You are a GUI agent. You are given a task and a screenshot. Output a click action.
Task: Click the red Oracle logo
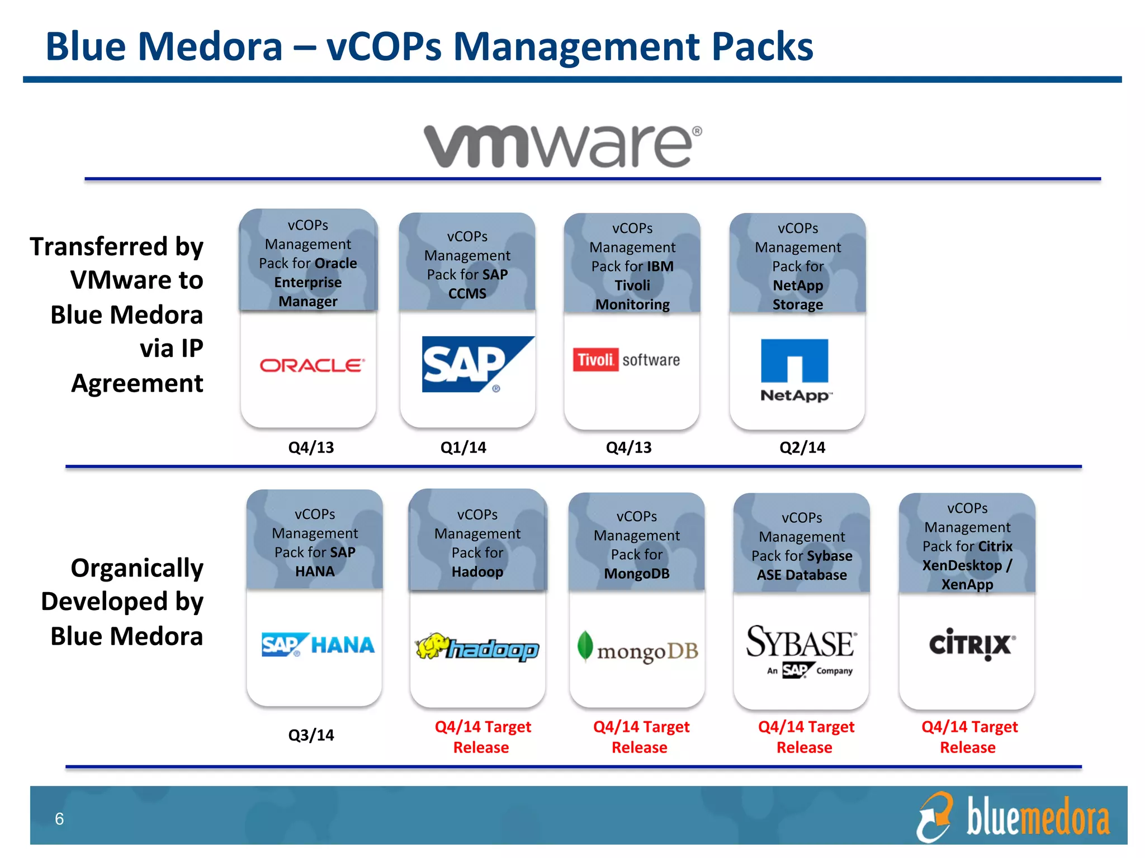coord(312,366)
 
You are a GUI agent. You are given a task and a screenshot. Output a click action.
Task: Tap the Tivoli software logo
coord(626,360)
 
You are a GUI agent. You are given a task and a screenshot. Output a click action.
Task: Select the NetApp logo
coord(795,369)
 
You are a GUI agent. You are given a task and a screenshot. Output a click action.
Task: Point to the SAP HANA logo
coord(318,645)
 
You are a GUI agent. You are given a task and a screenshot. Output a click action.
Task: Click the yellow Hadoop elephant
coord(432,646)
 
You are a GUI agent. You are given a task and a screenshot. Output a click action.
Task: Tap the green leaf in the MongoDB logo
coord(585,646)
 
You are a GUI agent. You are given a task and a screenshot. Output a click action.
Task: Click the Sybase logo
coord(801,650)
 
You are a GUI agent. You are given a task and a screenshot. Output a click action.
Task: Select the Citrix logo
coord(972,645)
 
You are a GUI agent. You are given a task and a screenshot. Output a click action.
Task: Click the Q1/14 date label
coord(463,447)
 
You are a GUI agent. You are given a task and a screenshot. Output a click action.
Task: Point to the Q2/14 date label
coord(802,447)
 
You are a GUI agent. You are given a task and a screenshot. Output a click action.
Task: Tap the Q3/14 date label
coord(311,735)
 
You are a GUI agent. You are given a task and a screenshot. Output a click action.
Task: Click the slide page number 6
coord(59,819)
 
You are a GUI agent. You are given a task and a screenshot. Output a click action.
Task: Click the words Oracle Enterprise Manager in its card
coord(308,282)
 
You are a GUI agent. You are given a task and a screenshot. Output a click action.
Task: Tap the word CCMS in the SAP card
coord(467,294)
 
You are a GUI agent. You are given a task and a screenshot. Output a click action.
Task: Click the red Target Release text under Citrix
coord(969,737)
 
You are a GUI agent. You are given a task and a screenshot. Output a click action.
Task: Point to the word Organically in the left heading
coord(137,568)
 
